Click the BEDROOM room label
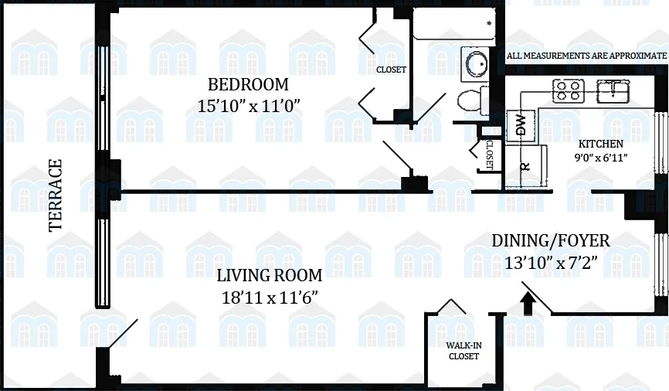click(247, 84)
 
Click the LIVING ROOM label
click(269, 275)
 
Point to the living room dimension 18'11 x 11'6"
click(269, 297)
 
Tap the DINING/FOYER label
click(551, 241)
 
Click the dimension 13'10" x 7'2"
click(551, 263)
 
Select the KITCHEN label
click(602, 144)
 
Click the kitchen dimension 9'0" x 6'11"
click(601, 158)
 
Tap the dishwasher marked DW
click(520, 125)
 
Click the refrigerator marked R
click(525, 166)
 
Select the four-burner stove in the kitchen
click(569, 91)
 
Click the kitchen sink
click(614, 90)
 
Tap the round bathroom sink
click(474, 62)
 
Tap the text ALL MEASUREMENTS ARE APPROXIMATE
click(586, 56)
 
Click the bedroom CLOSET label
click(391, 70)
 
